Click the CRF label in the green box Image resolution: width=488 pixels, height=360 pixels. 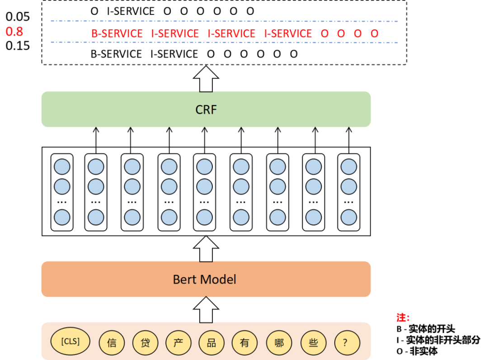point(206,109)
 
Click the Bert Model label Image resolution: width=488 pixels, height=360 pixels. point(205,279)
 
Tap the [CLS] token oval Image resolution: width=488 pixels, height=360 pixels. point(70,341)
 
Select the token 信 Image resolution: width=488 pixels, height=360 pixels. point(112,343)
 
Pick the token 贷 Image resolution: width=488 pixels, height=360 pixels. point(145,343)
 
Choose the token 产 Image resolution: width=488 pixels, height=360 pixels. point(178,343)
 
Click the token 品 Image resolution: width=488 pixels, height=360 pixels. point(211,343)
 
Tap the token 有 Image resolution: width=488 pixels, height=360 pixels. point(244,343)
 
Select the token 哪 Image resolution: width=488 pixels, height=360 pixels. point(279,343)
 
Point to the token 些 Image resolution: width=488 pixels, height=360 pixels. point(313,343)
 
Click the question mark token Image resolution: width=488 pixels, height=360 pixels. point(347,343)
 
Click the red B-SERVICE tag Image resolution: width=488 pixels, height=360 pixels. point(117,33)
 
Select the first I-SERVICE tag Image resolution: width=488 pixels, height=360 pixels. point(175,33)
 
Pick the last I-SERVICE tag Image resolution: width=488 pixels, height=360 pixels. point(288,33)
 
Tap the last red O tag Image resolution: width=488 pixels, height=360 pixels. point(374,33)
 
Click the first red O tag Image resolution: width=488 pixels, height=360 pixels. point(324,33)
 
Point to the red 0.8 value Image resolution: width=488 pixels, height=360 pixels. point(14,32)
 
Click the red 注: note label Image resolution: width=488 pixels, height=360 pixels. point(403,317)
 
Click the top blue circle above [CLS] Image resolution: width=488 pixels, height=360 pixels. point(62,167)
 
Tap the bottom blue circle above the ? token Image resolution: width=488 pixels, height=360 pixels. point(349,218)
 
